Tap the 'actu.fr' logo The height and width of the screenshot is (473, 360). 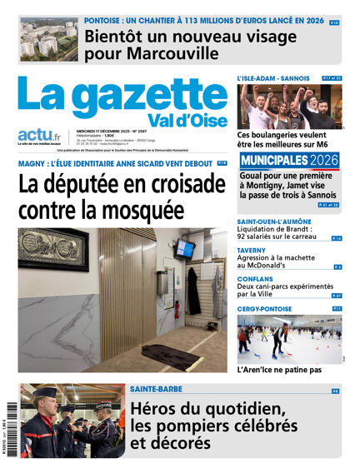tap(37, 136)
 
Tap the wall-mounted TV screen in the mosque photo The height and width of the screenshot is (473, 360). tap(185, 249)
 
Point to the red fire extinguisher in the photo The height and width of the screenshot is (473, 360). tap(177, 310)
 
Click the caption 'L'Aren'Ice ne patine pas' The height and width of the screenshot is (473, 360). tap(279, 370)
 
